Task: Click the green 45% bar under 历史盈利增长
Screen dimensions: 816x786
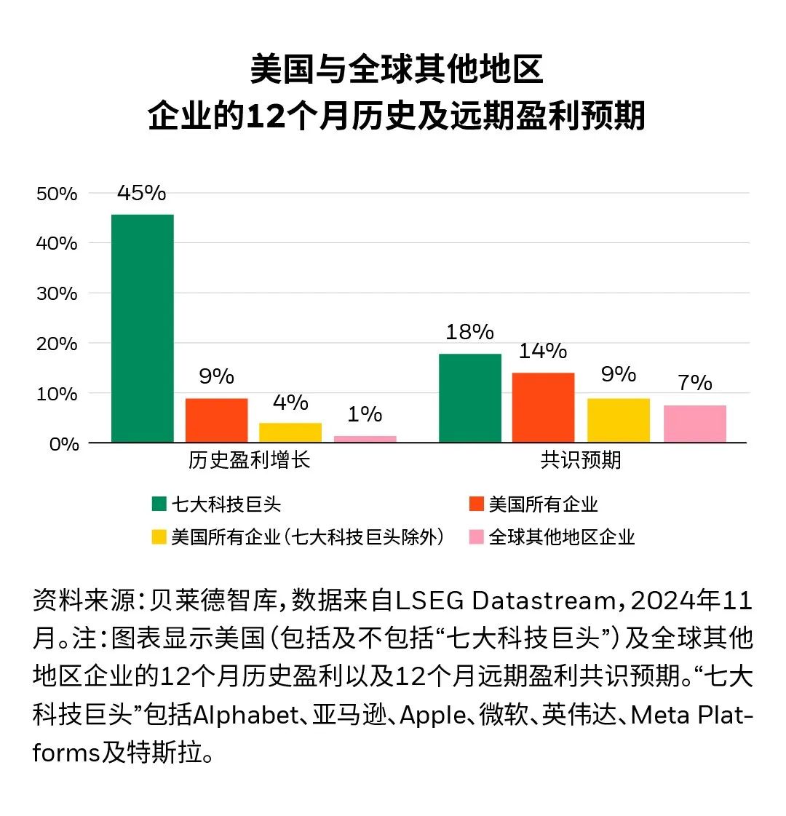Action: pyautogui.click(x=142, y=328)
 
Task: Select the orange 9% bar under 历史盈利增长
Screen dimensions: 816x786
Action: pyautogui.click(x=216, y=420)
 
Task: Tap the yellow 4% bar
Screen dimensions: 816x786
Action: pyautogui.click(x=290, y=432)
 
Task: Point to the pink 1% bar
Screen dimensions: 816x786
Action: pyautogui.click(x=365, y=439)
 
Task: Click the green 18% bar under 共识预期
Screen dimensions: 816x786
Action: pyautogui.click(x=470, y=398)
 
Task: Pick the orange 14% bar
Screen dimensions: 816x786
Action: pyautogui.click(x=543, y=408)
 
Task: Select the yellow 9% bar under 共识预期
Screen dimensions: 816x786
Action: pyautogui.click(x=619, y=420)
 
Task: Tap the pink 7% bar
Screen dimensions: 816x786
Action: pyautogui.click(x=695, y=424)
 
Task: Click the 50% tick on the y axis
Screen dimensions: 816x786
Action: pyautogui.click(x=56, y=194)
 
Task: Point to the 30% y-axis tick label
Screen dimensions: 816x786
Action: pyautogui.click(x=56, y=293)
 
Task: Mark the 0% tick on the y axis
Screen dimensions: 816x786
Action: pyautogui.click(x=63, y=443)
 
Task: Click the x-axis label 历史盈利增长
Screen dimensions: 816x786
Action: pyautogui.click(x=249, y=461)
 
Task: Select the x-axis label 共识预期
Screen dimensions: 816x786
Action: pyautogui.click(x=581, y=461)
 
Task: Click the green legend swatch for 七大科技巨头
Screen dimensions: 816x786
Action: pyautogui.click(x=159, y=504)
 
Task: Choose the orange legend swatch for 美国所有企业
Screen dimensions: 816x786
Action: pyautogui.click(x=477, y=504)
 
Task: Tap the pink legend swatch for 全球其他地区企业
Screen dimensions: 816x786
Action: pyautogui.click(x=477, y=537)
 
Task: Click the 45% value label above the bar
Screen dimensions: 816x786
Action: pyautogui.click(x=141, y=193)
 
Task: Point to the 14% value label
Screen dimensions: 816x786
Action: pyautogui.click(x=543, y=351)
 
